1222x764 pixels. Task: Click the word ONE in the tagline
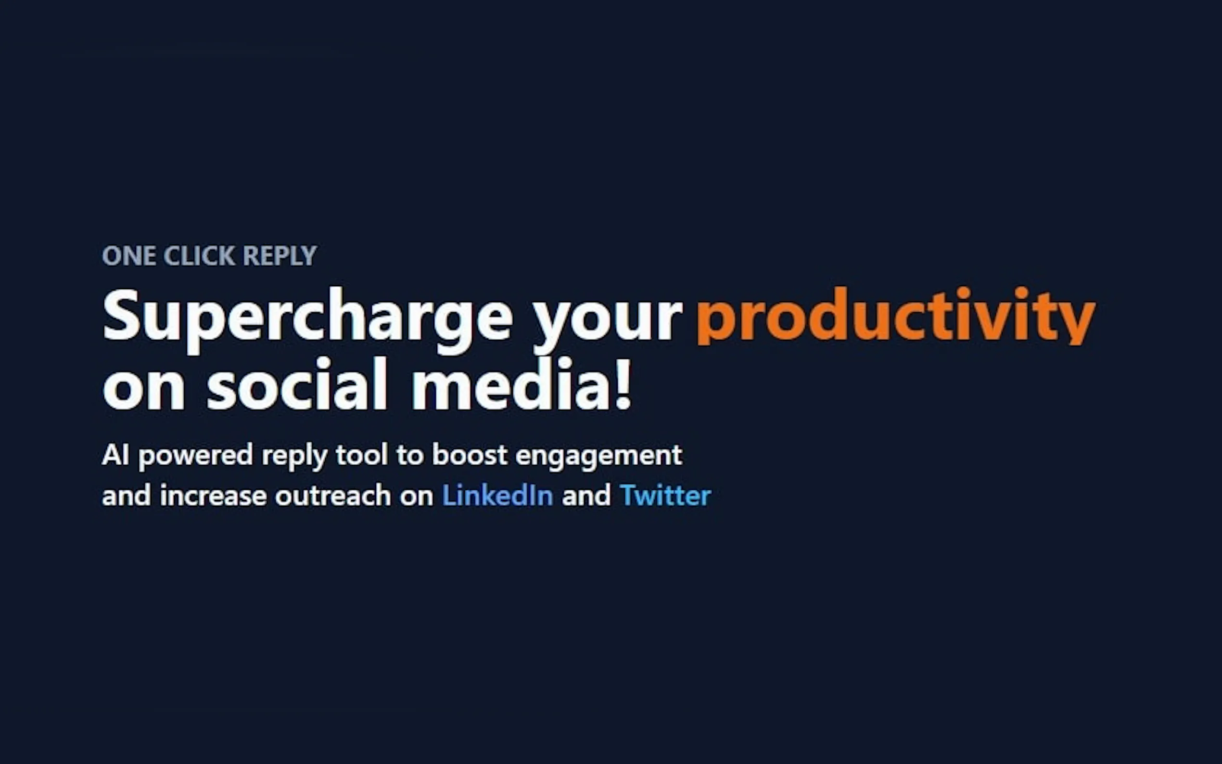click(129, 255)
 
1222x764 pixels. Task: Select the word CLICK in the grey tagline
click(199, 255)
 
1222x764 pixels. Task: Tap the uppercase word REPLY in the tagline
click(280, 255)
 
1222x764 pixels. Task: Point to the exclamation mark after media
click(624, 382)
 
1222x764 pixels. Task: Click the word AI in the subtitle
click(115, 454)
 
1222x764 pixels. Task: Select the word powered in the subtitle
click(195, 456)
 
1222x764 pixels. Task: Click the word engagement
click(598, 456)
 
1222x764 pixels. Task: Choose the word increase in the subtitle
click(213, 495)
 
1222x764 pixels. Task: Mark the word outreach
click(333, 495)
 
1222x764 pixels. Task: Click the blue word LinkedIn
click(497, 495)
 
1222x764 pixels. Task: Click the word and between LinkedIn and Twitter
click(586, 495)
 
